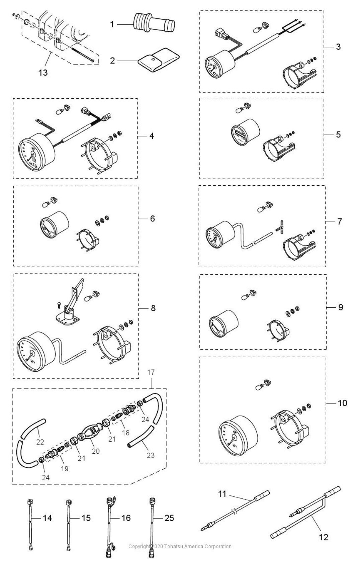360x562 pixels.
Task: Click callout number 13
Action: [43, 73]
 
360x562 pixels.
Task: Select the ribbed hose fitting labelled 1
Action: [154, 23]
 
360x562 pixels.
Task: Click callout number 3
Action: [338, 46]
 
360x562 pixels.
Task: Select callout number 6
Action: [153, 218]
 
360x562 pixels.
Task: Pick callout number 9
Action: [341, 307]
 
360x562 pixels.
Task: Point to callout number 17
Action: [151, 372]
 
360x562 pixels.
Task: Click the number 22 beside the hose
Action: [40, 442]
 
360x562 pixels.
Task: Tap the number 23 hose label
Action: [151, 455]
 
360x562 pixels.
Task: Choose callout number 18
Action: [125, 433]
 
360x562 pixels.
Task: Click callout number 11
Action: [222, 494]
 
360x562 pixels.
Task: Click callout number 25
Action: [169, 518]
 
